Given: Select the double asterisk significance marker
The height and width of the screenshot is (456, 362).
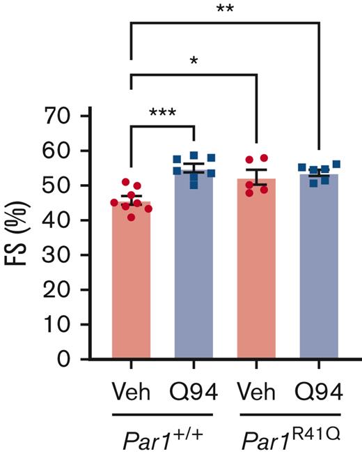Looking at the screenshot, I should pyautogui.click(x=225, y=9).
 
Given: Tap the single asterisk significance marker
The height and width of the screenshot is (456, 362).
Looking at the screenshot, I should pyautogui.click(x=194, y=61).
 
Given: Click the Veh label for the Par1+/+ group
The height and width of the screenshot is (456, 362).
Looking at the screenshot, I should pyautogui.click(x=132, y=393).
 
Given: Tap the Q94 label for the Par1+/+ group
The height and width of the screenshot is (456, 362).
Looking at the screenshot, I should pyautogui.click(x=194, y=393).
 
